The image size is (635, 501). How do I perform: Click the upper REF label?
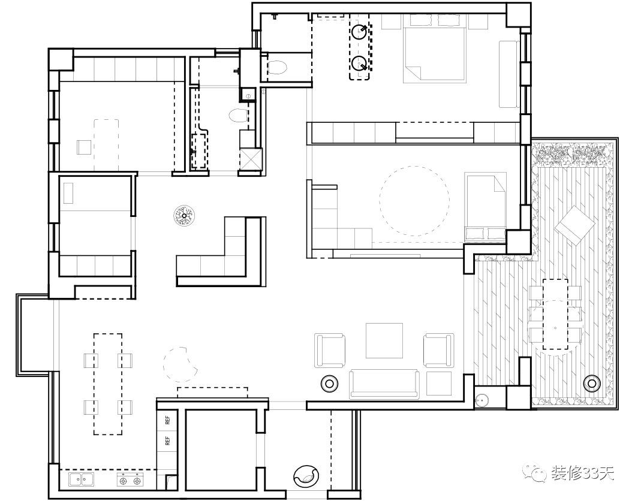click(x=168, y=421)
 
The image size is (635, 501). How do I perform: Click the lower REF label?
click(x=168, y=440)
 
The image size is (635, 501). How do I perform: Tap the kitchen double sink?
click(x=81, y=479)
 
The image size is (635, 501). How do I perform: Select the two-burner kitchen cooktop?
click(x=130, y=479)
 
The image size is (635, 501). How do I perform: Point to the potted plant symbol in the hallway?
click(x=184, y=215)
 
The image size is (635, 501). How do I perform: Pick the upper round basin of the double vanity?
click(x=359, y=31)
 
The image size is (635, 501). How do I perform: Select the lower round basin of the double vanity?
click(x=359, y=63)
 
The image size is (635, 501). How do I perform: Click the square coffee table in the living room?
click(x=384, y=340)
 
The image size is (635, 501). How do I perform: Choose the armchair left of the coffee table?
click(x=330, y=351)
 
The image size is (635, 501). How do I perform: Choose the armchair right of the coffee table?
click(x=438, y=350)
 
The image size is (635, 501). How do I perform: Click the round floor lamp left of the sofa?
click(x=330, y=383)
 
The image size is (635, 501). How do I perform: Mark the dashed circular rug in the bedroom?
click(x=414, y=201)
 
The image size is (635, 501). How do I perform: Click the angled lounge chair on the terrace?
click(x=575, y=225)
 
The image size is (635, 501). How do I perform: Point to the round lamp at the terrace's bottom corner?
click(x=592, y=382)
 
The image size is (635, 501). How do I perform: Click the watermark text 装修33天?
click(x=582, y=473)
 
